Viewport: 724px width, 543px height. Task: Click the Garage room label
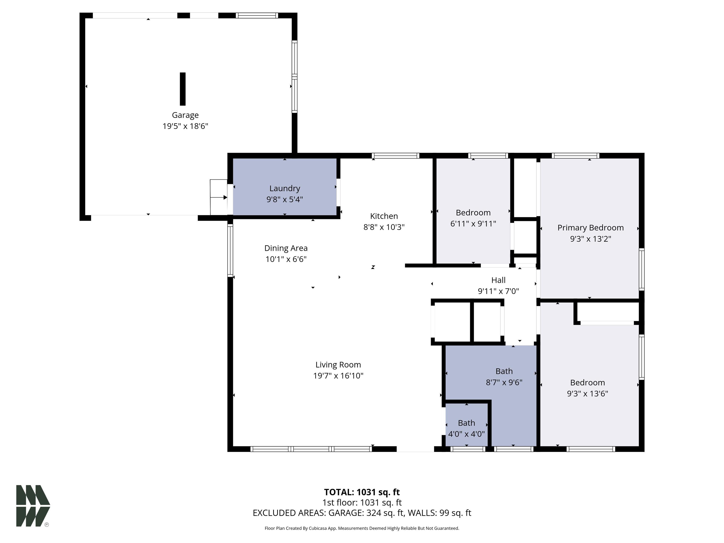pyautogui.click(x=185, y=115)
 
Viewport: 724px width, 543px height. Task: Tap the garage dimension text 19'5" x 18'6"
pyautogui.click(x=185, y=126)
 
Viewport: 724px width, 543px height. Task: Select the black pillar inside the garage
pyautogui.click(x=183, y=89)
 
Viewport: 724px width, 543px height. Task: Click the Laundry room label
pyautogui.click(x=285, y=189)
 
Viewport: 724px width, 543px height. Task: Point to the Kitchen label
pyautogui.click(x=384, y=216)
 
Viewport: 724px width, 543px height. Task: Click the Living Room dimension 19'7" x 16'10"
pyautogui.click(x=338, y=376)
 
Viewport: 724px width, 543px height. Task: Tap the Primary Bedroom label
pyautogui.click(x=590, y=228)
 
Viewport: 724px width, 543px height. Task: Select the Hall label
pyautogui.click(x=498, y=280)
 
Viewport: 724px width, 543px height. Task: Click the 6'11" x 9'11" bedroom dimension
pyautogui.click(x=473, y=224)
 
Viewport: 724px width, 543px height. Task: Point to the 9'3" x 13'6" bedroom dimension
pyautogui.click(x=588, y=393)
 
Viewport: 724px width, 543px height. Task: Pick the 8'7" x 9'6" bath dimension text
pyautogui.click(x=504, y=382)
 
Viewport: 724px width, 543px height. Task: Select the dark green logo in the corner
pyautogui.click(x=33, y=506)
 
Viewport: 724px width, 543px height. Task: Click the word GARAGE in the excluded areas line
pyautogui.click(x=345, y=513)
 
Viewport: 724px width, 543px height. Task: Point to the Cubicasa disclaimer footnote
pyautogui.click(x=362, y=528)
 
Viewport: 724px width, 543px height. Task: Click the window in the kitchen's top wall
pyautogui.click(x=395, y=156)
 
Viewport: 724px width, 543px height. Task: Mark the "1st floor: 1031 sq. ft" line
pyautogui.click(x=362, y=502)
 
